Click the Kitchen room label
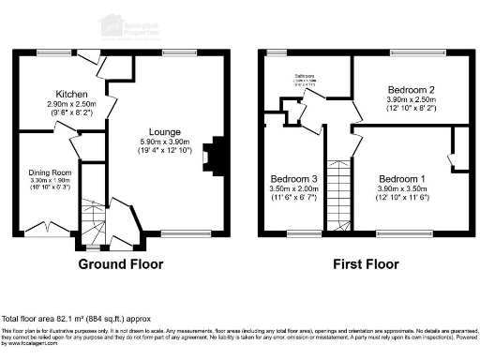click(x=71, y=95)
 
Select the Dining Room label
click(x=49, y=173)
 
